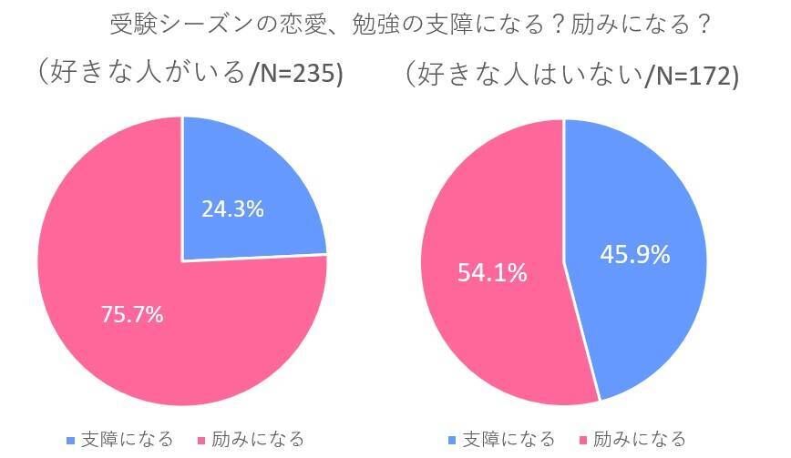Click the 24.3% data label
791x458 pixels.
tap(232, 209)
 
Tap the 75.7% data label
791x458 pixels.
tap(132, 315)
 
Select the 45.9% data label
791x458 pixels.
tap(634, 254)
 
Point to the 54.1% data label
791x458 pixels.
tap(491, 272)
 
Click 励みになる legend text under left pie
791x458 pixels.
tap(258, 440)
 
